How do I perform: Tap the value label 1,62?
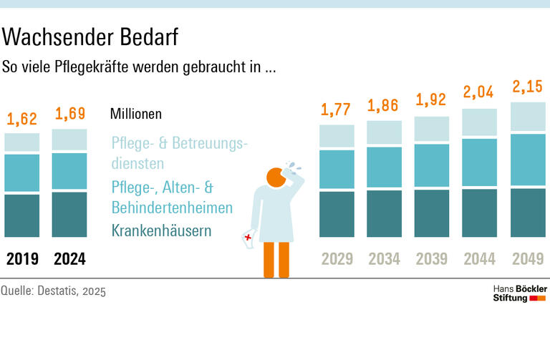22,119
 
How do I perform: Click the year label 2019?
22,259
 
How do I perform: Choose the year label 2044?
479,259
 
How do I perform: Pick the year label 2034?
384,259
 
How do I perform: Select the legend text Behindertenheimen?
172,208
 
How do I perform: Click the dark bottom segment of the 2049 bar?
528,213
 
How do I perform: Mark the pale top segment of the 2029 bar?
337,135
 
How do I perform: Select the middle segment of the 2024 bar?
69,170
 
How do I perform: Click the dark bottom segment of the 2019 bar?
22,215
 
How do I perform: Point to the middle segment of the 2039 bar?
432,165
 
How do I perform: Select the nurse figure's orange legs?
276,259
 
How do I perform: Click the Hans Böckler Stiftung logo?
520,293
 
